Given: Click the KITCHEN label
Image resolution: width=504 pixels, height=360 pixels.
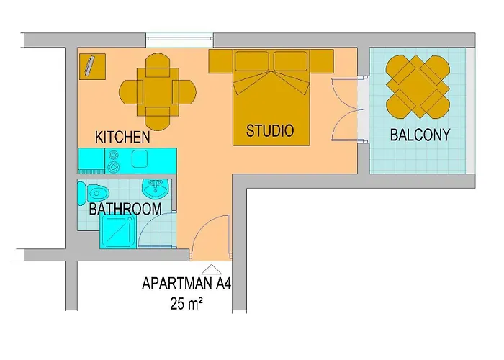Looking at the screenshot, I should (x=122, y=137).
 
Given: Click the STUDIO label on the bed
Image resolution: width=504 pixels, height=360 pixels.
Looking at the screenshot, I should (x=270, y=131).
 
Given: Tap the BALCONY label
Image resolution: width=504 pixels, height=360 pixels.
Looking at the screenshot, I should (x=420, y=135).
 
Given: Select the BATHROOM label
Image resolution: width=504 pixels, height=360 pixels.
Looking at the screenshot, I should (x=125, y=210).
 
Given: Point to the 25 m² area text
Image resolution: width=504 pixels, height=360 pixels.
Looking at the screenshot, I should (x=185, y=304).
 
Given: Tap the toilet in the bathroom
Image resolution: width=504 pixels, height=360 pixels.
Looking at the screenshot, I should (x=95, y=193).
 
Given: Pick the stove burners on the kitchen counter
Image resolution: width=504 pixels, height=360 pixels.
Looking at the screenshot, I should (x=114, y=160).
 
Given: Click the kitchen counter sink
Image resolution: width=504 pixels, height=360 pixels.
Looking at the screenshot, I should (x=139, y=158).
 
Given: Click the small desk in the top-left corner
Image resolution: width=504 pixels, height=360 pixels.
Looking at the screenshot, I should (x=92, y=66).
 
